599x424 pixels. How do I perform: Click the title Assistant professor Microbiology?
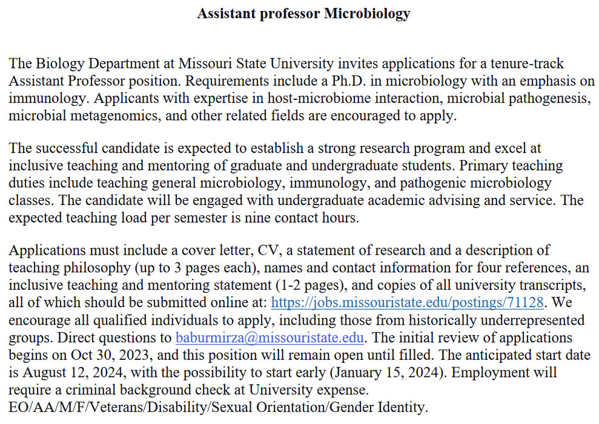point(303,13)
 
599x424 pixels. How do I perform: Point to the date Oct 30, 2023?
point(116,355)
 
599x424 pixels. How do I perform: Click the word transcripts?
point(555,285)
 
